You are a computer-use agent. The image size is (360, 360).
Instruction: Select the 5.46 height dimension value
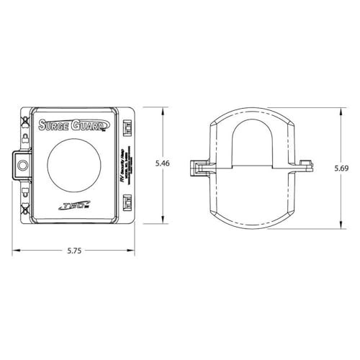163,164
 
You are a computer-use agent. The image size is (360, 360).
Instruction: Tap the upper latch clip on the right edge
127,127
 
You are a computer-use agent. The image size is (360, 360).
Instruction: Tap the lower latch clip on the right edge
127,201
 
